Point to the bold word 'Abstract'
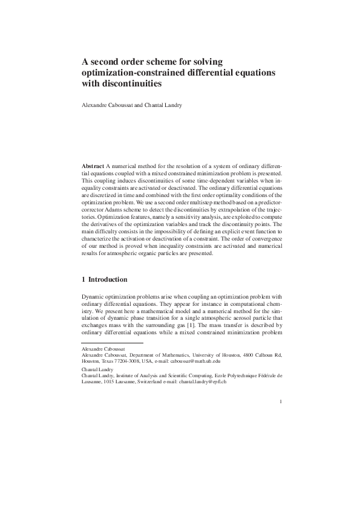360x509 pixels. (93, 165)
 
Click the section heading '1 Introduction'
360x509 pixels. (104, 280)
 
